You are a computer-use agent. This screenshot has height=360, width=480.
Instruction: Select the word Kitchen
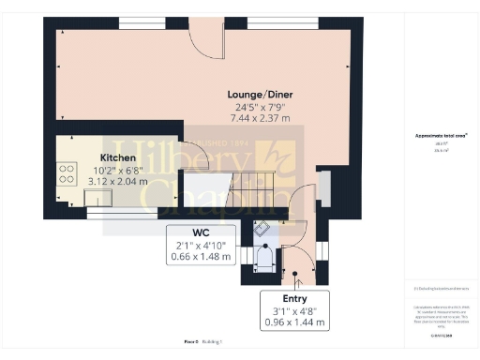[x=117, y=158]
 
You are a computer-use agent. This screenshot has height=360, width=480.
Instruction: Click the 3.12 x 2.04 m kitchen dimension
[x=117, y=182]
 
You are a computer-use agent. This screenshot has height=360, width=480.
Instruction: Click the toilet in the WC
[x=264, y=257]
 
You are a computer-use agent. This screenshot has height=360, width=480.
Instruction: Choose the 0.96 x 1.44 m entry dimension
[x=295, y=322]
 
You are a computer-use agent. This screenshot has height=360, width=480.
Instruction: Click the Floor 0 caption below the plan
[x=191, y=342]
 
